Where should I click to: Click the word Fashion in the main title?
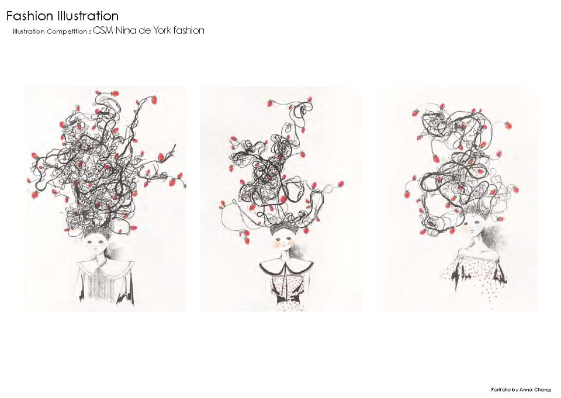point(30,16)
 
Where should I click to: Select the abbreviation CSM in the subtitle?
point(103,30)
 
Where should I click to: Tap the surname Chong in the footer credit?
point(543,390)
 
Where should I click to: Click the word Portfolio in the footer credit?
point(500,390)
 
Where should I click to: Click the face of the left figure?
point(98,247)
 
